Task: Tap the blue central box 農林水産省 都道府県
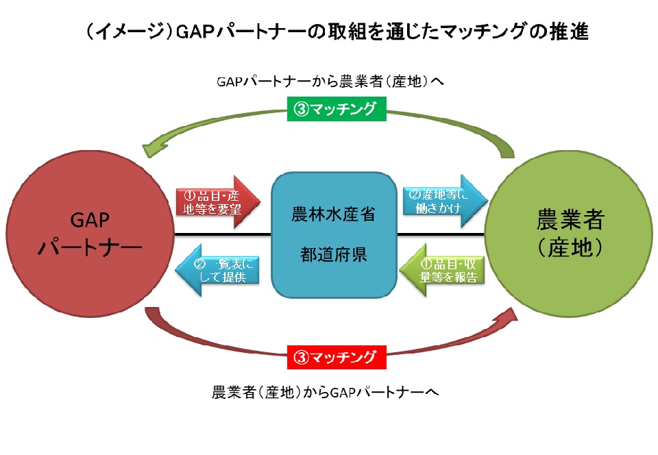(x=334, y=233)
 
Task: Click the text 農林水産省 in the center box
(x=334, y=214)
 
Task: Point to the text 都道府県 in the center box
(x=334, y=255)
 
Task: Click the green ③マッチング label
(x=336, y=108)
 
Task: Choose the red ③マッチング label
(x=336, y=357)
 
